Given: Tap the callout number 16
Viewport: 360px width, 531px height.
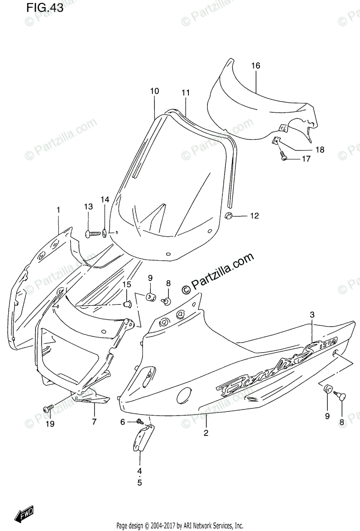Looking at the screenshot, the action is point(256,66).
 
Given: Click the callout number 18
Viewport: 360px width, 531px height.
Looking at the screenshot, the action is point(320,150).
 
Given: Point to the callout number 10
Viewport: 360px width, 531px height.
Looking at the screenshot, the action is point(154,92).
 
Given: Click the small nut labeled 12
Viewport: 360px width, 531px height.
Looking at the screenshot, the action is point(229,215).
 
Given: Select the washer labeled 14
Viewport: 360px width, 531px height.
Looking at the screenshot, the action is point(104,232).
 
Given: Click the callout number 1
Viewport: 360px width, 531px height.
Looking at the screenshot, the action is point(58,209).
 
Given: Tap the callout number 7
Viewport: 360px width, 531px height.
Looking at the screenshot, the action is point(94,422).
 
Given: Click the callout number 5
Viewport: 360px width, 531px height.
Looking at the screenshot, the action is point(139,483).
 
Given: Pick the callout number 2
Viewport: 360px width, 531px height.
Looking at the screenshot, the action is point(206,433).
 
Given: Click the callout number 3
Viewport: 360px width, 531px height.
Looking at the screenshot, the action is point(312,315).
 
